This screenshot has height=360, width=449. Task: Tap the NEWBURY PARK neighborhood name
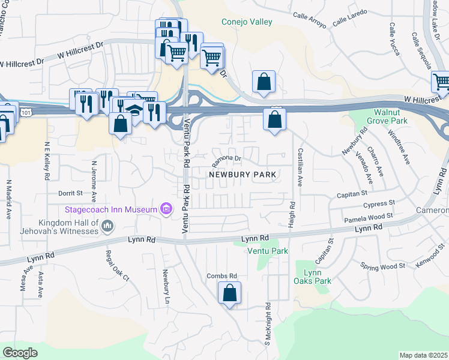click(x=243, y=175)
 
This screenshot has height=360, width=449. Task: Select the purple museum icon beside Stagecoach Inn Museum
click(x=166, y=209)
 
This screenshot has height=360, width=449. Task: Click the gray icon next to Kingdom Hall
click(x=107, y=226)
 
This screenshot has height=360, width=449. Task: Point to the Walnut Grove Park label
click(x=391, y=117)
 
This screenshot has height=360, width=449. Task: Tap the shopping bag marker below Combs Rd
click(x=229, y=294)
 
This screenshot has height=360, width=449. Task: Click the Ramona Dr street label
click(x=226, y=161)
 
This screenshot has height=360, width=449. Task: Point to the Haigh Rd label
click(x=292, y=214)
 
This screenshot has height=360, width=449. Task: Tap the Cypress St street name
click(x=379, y=205)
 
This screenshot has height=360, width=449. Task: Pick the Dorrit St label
click(x=70, y=193)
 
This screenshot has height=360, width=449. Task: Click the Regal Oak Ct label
click(x=117, y=266)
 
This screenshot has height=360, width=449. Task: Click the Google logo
click(x=20, y=353)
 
